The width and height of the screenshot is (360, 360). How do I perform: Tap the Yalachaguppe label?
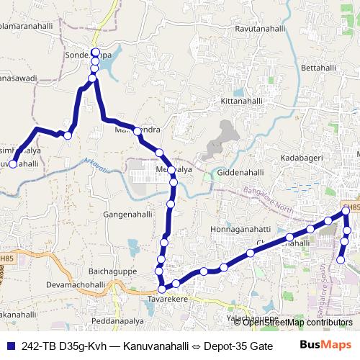252,318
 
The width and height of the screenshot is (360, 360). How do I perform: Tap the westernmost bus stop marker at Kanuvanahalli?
13,165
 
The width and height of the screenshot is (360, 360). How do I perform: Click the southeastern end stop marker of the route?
341,259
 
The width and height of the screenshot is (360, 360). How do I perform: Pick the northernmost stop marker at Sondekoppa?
95,53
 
